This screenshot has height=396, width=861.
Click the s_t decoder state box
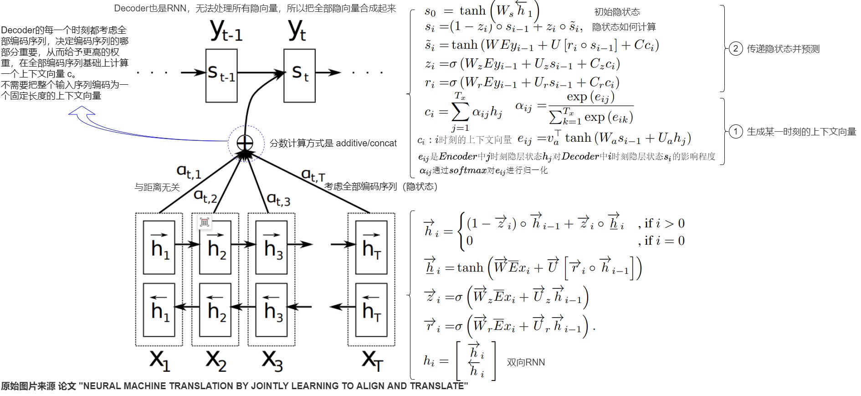299,75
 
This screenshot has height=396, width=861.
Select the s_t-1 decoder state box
221,75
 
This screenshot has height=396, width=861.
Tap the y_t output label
297,30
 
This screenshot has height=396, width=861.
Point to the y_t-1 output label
226,31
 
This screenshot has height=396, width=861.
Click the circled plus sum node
245,143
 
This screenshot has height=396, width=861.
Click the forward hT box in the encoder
371,247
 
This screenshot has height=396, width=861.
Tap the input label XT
372,360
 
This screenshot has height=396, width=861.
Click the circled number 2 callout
736,49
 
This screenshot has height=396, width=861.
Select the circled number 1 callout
736,132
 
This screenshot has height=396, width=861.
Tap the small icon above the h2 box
205,222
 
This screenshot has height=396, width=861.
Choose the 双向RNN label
526,362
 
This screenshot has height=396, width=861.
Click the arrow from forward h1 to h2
187,245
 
